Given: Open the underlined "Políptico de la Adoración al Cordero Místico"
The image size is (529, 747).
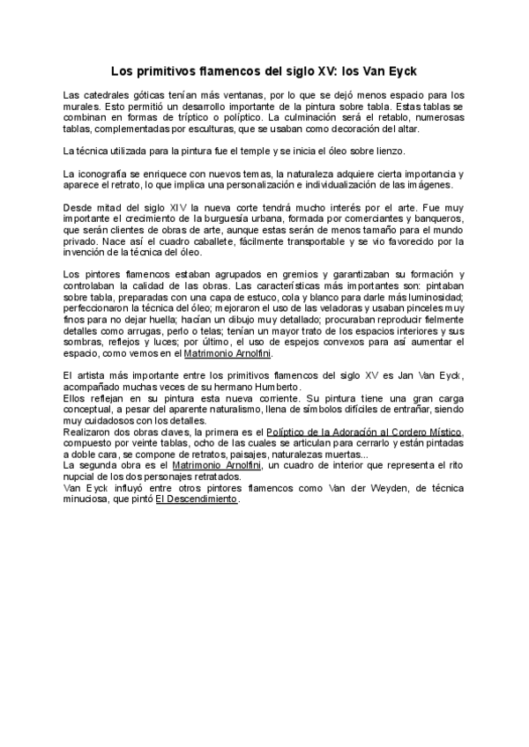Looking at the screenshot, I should point(364,433).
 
